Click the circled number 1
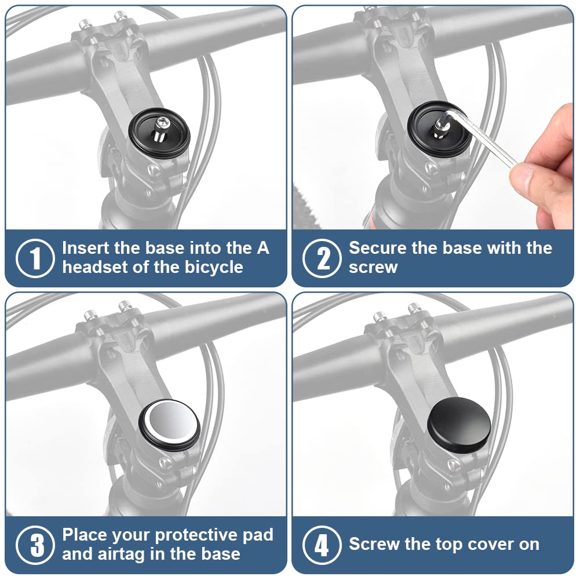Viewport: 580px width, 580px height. coord(35,258)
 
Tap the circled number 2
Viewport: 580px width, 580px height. coord(322,258)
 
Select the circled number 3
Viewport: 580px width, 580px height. coord(35,545)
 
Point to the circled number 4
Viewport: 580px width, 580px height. coord(322,545)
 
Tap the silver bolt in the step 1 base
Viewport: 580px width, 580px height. coord(161,128)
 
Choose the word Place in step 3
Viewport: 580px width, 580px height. coord(85,535)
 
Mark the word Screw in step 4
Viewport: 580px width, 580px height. coord(374,545)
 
